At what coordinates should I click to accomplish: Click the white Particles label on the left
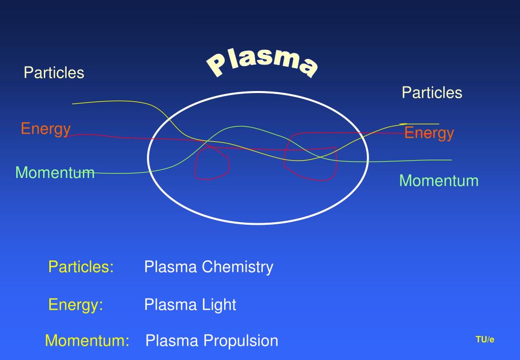pyautogui.click(x=54, y=73)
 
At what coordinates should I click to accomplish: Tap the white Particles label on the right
pyautogui.click(x=432, y=93)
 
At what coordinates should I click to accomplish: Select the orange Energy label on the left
pyautogui.click(x=45, y=129)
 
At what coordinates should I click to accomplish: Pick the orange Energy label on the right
pyautogui.click(x=429, y=133)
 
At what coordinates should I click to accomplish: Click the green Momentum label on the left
pyautogui.click(x=55, y=172)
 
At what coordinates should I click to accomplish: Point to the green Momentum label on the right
pyautogui.click(x=439, y=181)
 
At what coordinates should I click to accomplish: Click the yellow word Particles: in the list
pyautogui.click(x=81, y=266)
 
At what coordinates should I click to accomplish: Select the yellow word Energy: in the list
pyautogui.click(x=76, y=305)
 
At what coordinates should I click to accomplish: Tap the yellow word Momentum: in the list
pyautogui.click(x=87, y=341)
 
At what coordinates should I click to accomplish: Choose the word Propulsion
pyautogui.click(x=241, y=341)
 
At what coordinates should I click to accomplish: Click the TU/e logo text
pyautogui.click(x=484, y=340)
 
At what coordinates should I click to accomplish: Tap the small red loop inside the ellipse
pyautogui.click(x=212, y=164)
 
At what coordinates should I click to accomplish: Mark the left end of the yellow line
pyautogui.click(x=73, y=104)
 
